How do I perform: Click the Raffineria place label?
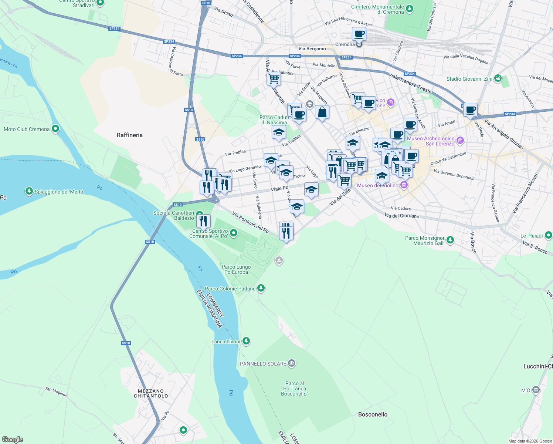pyautogui.click(x=129, y=135)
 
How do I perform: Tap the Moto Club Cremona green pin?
pyautogui.click(x=55, y=129)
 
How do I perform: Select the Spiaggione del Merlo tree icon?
pyautogui.click(x=29, y=191)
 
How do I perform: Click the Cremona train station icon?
pyautogui.click(x=359, y=44)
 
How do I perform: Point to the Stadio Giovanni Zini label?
pyautogui.click(x=469, y=79)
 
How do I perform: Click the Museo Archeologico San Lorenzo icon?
pyautogui.click(x=460, y=140)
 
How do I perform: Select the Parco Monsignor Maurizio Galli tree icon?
pyautogui.click(x=450, y=240)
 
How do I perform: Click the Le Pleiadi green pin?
pyautogui.click(x=548, y=235)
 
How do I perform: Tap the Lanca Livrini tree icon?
pyautogui.click(x=246, y=341)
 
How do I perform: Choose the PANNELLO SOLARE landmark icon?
pyautogui.click(x=292, y=363)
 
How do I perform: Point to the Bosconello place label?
pyautogui.click(x=373, y=414)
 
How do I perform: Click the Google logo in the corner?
pyautogui.click(x=13, y=440)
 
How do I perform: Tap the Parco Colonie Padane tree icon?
pyautogui.click(x=261, y=288)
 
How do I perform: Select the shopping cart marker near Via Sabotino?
pyautogui.click(x=274, y=78)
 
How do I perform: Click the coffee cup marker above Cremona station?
pyautogui.click(x=359, y=34)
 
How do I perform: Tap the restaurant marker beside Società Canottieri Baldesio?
pyautogui.click(x=203, y=221)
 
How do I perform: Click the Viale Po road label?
pyautogui.click(x=279, y=188)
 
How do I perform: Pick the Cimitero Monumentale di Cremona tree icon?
pyautogui.click(x=409, y=8)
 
